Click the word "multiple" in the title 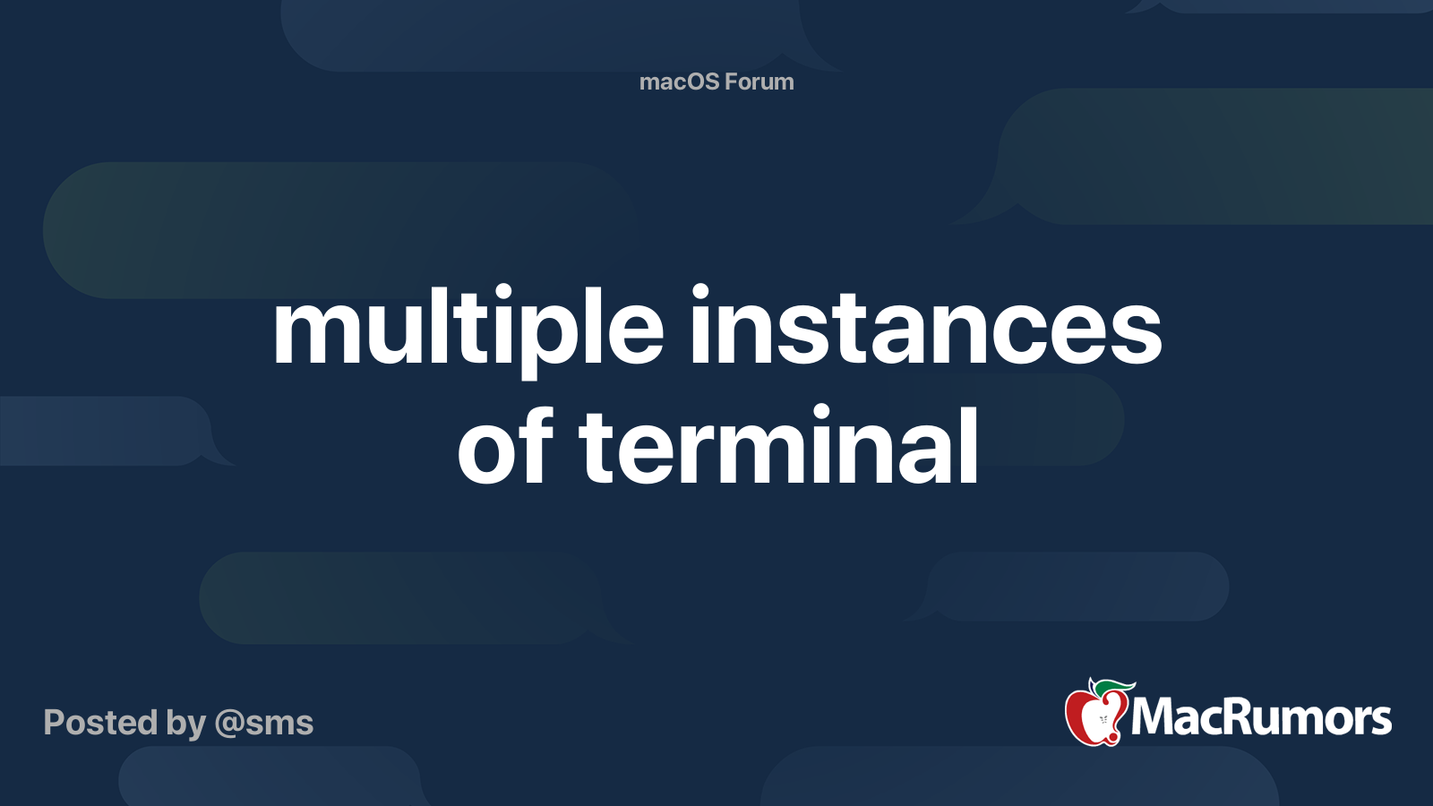(x=468, y=328)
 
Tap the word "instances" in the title (x=924, y=328)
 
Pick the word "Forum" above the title (x=759, y=81)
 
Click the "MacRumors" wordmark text (x=1261, y=717)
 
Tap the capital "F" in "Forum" (x=731, y=81)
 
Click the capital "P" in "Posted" (x=54, y=723)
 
